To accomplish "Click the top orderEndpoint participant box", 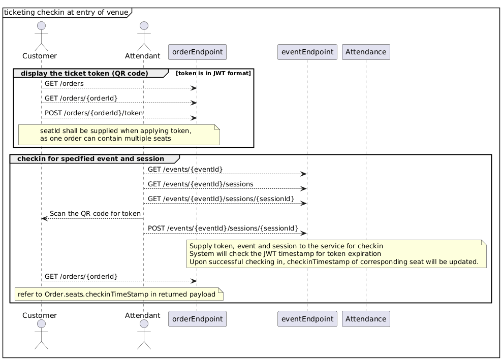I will [x=197, y=52].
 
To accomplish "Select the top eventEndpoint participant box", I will [x=307, y=52].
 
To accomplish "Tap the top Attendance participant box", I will [x=366, y=52].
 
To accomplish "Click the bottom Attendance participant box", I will [x=366, y=318].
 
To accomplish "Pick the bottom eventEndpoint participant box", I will [x=307, y=318].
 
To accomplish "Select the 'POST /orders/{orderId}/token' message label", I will [x=93, y=113].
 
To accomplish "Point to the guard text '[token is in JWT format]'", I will [x=213, y=74].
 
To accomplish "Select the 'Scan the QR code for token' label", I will [x=95, y=213].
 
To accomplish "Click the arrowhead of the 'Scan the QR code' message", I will [x=44, y=218].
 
